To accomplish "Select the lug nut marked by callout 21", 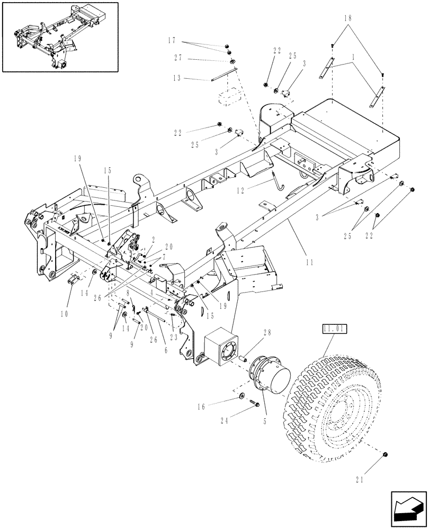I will tap(386, 455).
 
